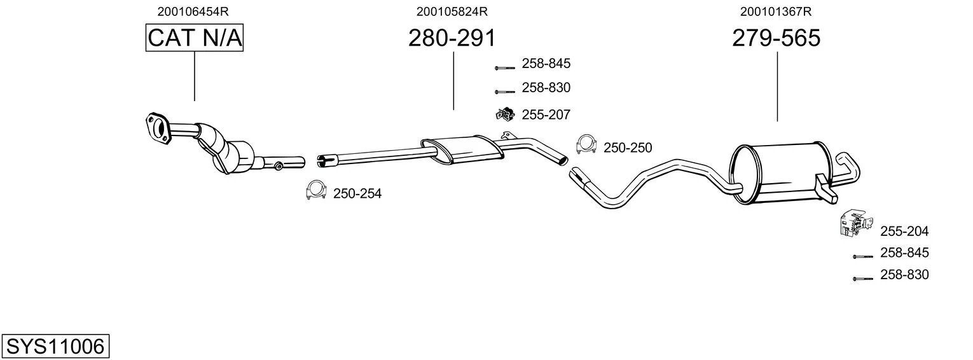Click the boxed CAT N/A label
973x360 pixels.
(194, 38)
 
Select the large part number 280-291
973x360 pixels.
(452, 38)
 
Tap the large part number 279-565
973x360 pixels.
(776, 38)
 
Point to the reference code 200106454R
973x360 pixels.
(193, 11)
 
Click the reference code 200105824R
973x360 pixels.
(452, 11)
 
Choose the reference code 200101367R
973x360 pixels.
(776, 11)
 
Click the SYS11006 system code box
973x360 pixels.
(55, 346)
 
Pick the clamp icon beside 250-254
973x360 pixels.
(316, 190)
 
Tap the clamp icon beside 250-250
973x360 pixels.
(586, 144)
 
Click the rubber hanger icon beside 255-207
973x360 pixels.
(505, 114)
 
